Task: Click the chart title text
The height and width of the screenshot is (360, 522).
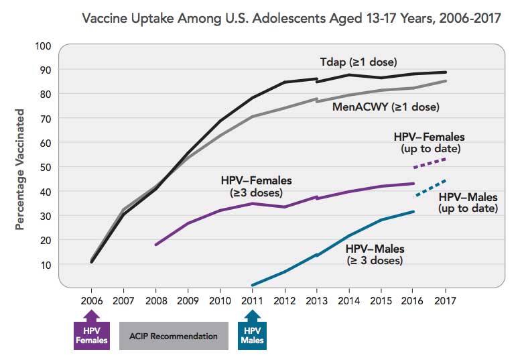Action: pyautogui.click(x=291, y=17)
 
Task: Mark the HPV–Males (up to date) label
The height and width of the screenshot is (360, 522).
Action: pyautogui.click(x=467, y=202)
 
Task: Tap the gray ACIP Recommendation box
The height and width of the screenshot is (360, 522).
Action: pyautogui.click(x=174, y=336)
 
